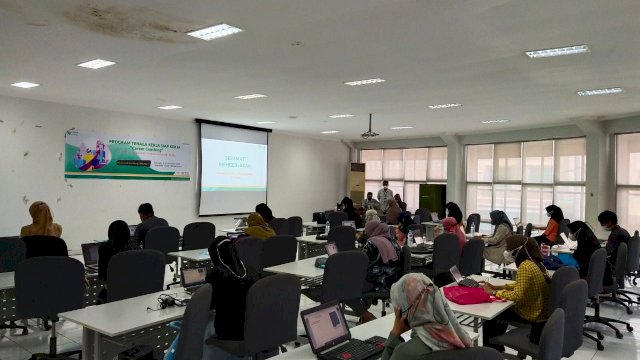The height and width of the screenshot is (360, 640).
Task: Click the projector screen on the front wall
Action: click(233, 168)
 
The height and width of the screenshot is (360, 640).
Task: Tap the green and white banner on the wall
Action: click(127, 155)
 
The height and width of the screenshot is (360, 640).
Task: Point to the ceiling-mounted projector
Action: click(370, 132)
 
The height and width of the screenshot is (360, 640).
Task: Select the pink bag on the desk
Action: click(466, 294)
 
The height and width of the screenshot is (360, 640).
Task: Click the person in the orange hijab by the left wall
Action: click(41, 221)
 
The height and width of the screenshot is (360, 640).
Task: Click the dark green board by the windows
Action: click(432, 198)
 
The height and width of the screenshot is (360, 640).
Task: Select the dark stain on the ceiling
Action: click(130, 22)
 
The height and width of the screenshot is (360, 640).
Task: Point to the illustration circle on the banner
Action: click(90, 154)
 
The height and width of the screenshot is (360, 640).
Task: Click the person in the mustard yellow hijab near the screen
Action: click(258, 226)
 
